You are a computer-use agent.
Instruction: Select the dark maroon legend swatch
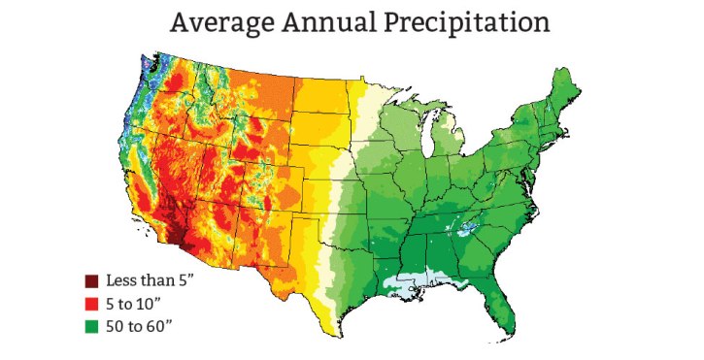(92, 281)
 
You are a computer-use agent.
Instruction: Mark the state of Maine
(565, 92)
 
